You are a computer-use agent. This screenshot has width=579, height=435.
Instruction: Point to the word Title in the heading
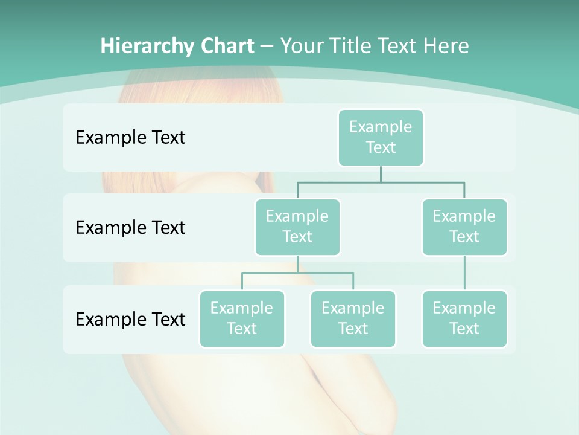(355, 46)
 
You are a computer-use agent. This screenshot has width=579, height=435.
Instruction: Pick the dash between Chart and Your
(267, 46)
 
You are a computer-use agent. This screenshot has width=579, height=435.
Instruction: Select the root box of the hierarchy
(381, 138)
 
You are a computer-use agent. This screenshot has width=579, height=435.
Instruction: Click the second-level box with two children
(297, 227)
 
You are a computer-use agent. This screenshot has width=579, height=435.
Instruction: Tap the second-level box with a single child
(464, 227)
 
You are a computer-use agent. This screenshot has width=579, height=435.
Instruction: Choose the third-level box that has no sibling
(464, 319)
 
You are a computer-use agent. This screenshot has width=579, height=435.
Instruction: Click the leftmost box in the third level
(242, 319)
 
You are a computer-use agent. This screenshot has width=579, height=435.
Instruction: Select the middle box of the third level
(353, 319)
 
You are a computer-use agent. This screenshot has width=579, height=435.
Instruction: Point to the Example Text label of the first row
(130, 138)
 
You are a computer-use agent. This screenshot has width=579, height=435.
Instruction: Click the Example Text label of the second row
(130, 228)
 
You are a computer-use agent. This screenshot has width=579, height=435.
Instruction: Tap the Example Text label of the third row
(130, 319)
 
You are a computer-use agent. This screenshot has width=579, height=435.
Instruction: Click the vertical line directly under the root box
(381, 174)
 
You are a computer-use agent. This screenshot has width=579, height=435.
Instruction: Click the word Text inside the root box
(381, 147)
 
